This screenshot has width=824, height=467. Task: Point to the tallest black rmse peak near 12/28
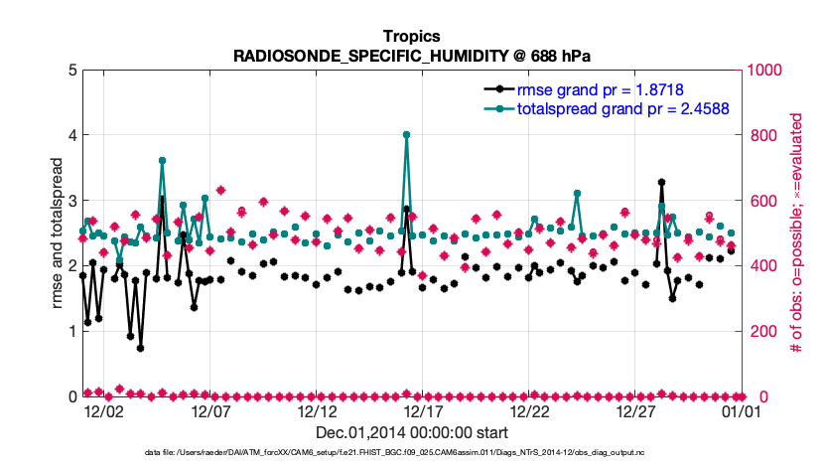pyautogui.click(x=661, y=183)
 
